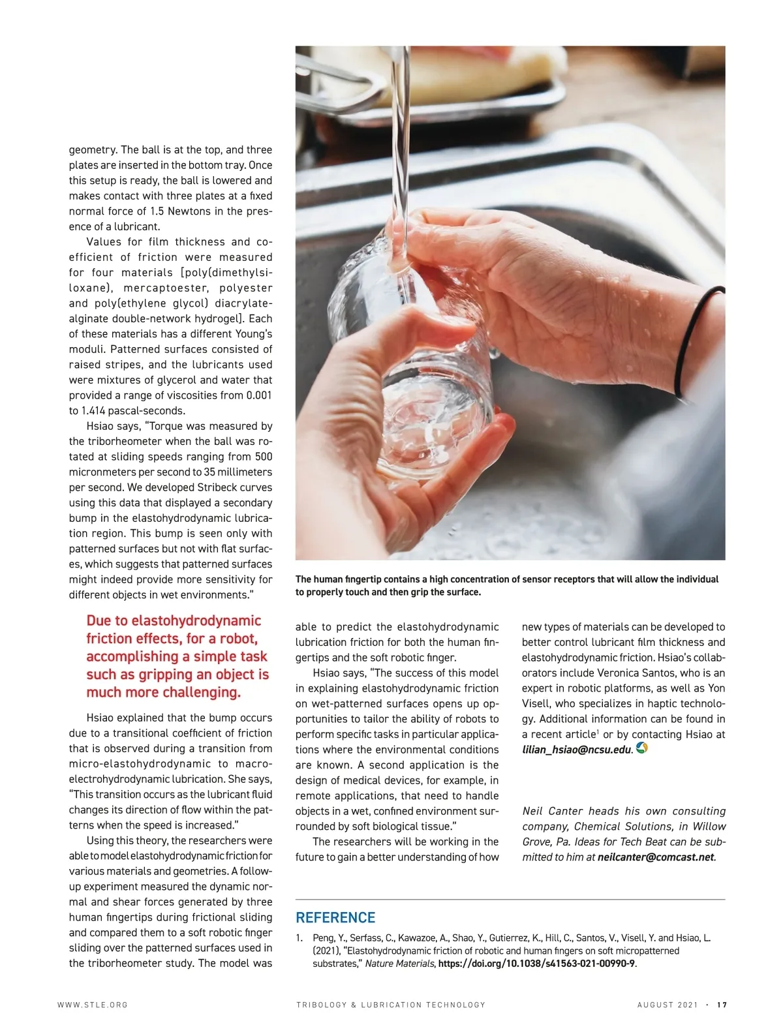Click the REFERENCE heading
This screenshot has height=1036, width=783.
coord(335,918)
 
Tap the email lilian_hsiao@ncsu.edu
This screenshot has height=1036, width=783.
coord(576,750)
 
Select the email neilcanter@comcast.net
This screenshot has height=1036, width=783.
coord(656,857)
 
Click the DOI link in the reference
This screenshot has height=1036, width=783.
coord(536,964)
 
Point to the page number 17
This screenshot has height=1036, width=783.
coord(722,1005)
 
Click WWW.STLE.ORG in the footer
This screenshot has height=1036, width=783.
coord(93,1005)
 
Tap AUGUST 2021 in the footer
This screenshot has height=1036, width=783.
coord(667,1005)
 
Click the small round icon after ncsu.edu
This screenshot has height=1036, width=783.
coord(641,749)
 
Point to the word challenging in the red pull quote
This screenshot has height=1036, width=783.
coord(202,692)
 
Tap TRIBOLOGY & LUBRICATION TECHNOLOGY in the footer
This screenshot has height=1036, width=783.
coord(391,1005)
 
